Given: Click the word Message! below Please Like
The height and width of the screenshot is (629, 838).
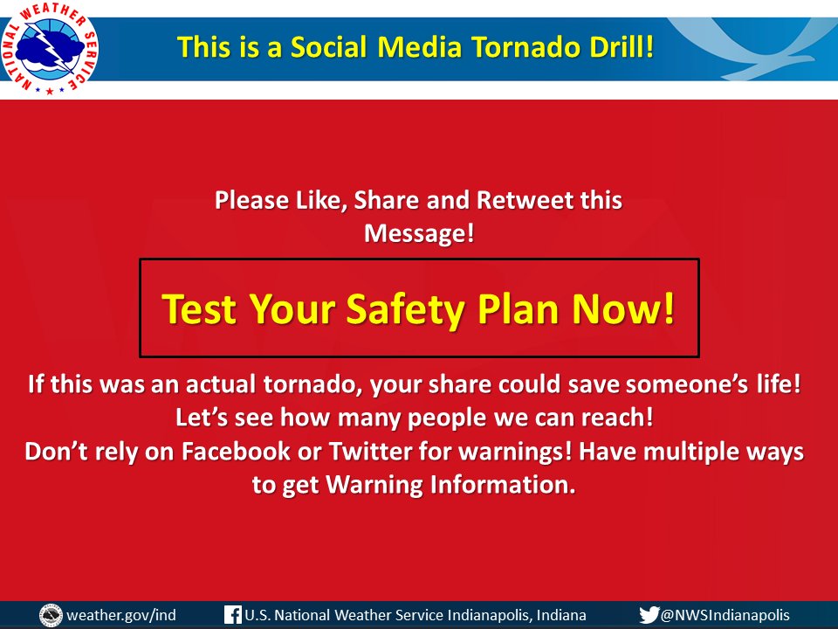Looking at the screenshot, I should [x=419, y=233].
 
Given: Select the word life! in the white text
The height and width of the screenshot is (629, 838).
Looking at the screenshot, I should [x=776, y=385].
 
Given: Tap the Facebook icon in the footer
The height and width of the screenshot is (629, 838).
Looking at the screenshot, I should [x=232, y=615].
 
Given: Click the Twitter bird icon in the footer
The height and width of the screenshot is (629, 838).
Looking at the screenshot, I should [x=649, y=615].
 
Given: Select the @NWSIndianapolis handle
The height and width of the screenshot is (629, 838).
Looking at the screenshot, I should [x=725, y=615].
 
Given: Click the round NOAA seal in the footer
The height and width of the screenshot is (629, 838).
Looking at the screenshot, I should [x=51, y=615].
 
